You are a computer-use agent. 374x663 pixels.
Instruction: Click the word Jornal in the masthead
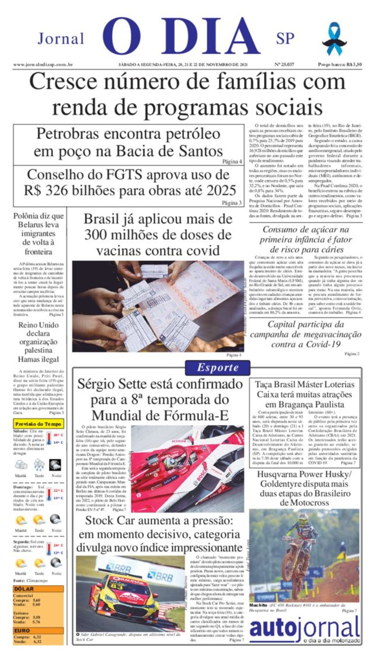coord(61,39)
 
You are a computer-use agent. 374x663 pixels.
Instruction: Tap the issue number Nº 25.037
coord(284,65)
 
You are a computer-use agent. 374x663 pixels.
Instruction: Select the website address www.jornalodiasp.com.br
coord(43,65)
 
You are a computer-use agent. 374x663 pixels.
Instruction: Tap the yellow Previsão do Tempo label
coord(38,424)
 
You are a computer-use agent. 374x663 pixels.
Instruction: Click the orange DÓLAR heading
coord(24,589)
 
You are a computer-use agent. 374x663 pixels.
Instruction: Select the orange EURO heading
coord(22,630)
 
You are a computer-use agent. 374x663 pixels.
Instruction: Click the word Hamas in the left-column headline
coord(28,359)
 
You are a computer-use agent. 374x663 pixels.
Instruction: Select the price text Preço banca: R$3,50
coord(340,65)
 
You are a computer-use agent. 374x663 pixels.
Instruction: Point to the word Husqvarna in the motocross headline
coord(280,474)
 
